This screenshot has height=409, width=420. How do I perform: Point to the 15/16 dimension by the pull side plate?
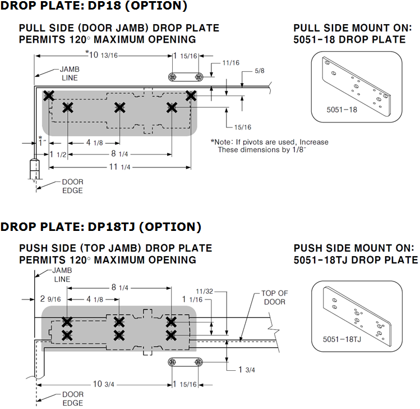(242, 127)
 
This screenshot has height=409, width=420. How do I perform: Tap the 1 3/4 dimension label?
(247, 370)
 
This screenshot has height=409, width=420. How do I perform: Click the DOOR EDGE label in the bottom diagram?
(72, 398)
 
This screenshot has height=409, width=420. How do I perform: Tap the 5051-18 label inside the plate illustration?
(341, 110)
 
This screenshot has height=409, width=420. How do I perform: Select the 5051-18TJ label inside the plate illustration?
(342, 339)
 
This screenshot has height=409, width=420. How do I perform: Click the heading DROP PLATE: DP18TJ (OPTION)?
(100, 227)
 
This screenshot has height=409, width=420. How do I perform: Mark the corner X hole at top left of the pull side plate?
(49, 96)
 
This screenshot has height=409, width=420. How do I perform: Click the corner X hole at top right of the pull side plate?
(191, 96)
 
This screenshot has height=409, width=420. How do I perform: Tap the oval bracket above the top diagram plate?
(185, 77)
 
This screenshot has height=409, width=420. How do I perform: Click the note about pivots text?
(269, 146)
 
